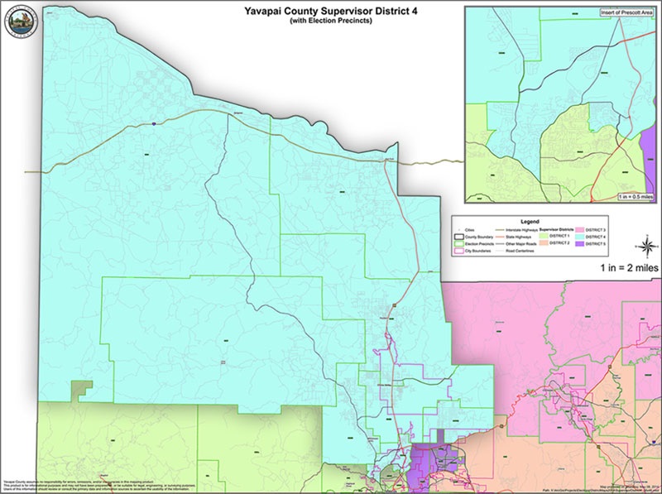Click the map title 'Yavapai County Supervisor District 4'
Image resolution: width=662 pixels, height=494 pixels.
(330, 11)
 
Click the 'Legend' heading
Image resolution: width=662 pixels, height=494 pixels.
(530, 222)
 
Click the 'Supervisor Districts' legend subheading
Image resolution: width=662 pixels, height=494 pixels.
(557, 228)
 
